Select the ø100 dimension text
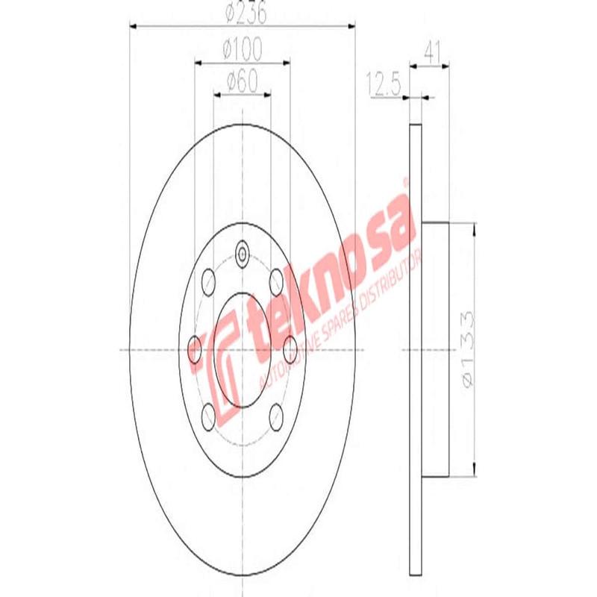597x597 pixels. [242, 51]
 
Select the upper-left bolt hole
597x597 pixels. [209, 281]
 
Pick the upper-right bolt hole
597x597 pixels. [276, 281]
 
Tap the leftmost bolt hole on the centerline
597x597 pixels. [195, 348]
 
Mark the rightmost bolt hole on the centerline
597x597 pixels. [290, 348]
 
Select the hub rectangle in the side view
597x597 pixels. [436, 349]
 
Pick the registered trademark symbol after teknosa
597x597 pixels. [406, 181]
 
